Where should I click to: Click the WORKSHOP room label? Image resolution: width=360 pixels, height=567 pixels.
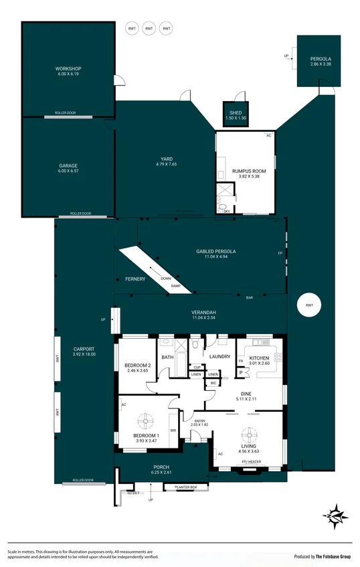click(x=68, y=69)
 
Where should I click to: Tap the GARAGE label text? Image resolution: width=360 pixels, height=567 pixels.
click(x=68, y=165)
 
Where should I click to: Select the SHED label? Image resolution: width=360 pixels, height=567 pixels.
click(x=236, y=112)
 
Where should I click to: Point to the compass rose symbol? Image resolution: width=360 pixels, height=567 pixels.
click(x=336, y=515)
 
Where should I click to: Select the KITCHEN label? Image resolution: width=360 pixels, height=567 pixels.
click(x=259, y=359)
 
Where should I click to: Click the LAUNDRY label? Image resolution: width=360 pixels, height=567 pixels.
click(x=220, y=357)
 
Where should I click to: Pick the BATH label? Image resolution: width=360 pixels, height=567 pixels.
click(x=167, y=357)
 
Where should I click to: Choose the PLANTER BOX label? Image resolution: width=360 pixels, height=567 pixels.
click(x=185, y=487)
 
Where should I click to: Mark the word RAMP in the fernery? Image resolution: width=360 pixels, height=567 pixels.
click(x=175, y=286)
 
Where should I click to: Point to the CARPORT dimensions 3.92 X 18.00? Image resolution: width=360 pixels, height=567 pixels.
click(x=84, y=354)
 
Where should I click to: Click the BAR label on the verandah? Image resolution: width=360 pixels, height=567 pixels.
click(x=249, y=297)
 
